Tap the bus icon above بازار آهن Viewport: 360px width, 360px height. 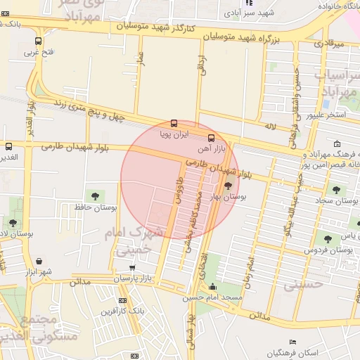(x=211, y=137)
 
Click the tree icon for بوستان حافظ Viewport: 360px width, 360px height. (x=94, y=195)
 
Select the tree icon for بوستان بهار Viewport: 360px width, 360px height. (x=226, y=186)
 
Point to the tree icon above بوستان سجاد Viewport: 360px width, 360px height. (x=335, y=189)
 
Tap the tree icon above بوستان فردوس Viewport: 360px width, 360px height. (x=326, y=238)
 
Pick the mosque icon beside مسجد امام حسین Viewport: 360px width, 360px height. (x=212, y=287)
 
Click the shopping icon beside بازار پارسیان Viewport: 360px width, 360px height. (x=133, y=268)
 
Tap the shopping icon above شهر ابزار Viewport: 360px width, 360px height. (x=39, y=260)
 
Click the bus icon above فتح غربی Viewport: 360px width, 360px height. (x=38, y=41)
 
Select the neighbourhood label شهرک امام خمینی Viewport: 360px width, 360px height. (x=131, y=240)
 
